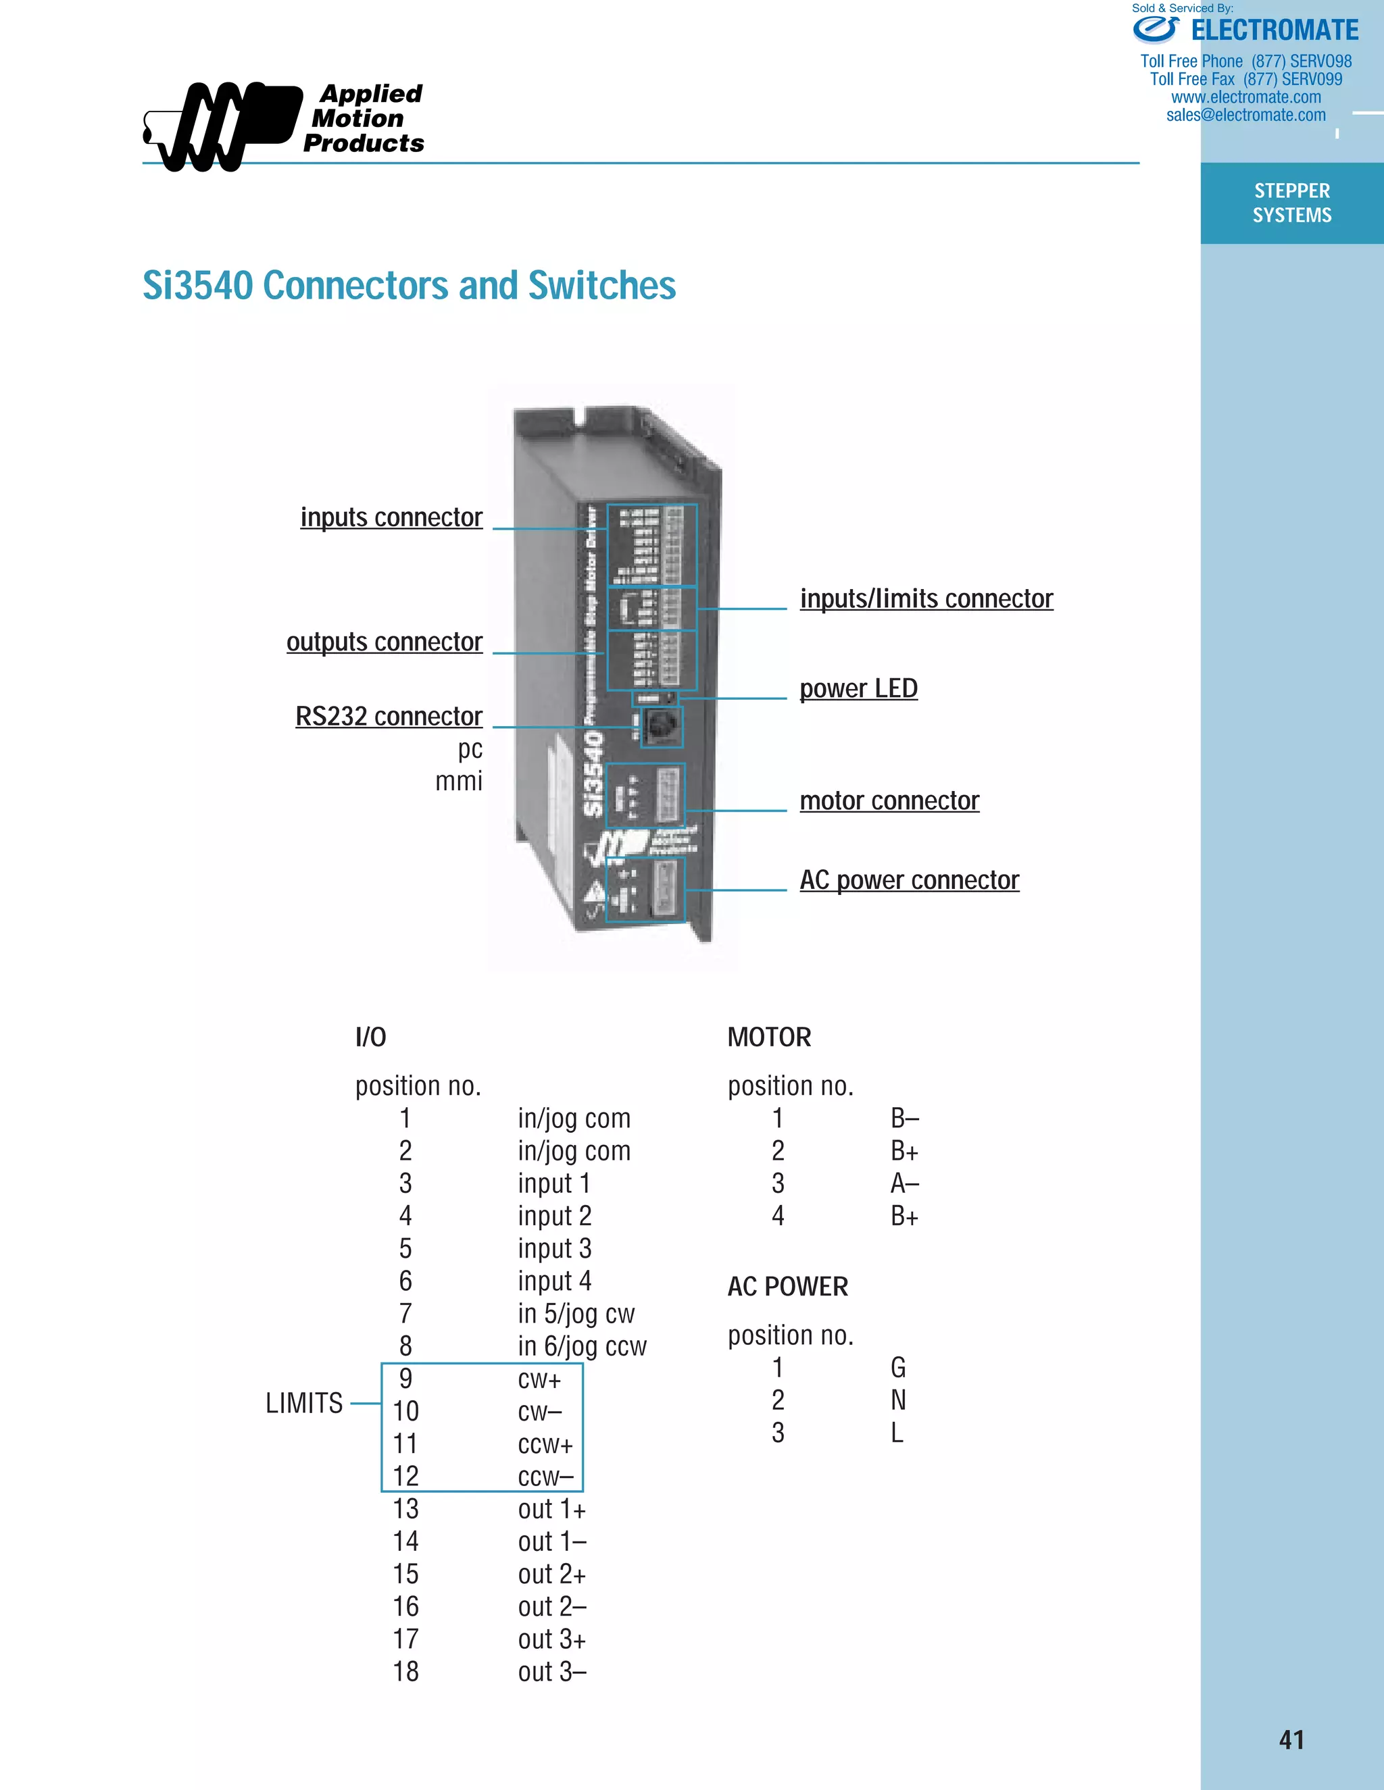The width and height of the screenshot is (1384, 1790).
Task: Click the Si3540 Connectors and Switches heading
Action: (x=408, y=286)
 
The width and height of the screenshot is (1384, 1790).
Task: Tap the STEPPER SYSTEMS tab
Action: (x=1291, y=203)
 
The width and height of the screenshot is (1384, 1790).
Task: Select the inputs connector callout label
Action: (x=391, y=518)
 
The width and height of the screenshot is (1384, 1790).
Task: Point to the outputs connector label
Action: (x=384, y=642)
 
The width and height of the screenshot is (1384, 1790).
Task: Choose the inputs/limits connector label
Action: (x=926, y=599)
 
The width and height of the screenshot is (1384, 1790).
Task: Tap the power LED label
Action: (x=858, y=689)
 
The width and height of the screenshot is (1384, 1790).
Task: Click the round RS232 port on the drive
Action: (x=660, y=725)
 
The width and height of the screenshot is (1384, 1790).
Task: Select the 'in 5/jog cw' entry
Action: (x=576, y=1314)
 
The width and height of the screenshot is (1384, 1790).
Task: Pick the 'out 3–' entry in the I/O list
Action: (x=552, y=1672)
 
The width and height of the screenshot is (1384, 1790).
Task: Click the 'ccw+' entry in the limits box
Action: (x=545, y=1445)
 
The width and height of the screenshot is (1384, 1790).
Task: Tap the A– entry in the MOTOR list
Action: (x=904, y=1184)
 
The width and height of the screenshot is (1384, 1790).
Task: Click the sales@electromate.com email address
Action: (x=1245, y=116)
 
